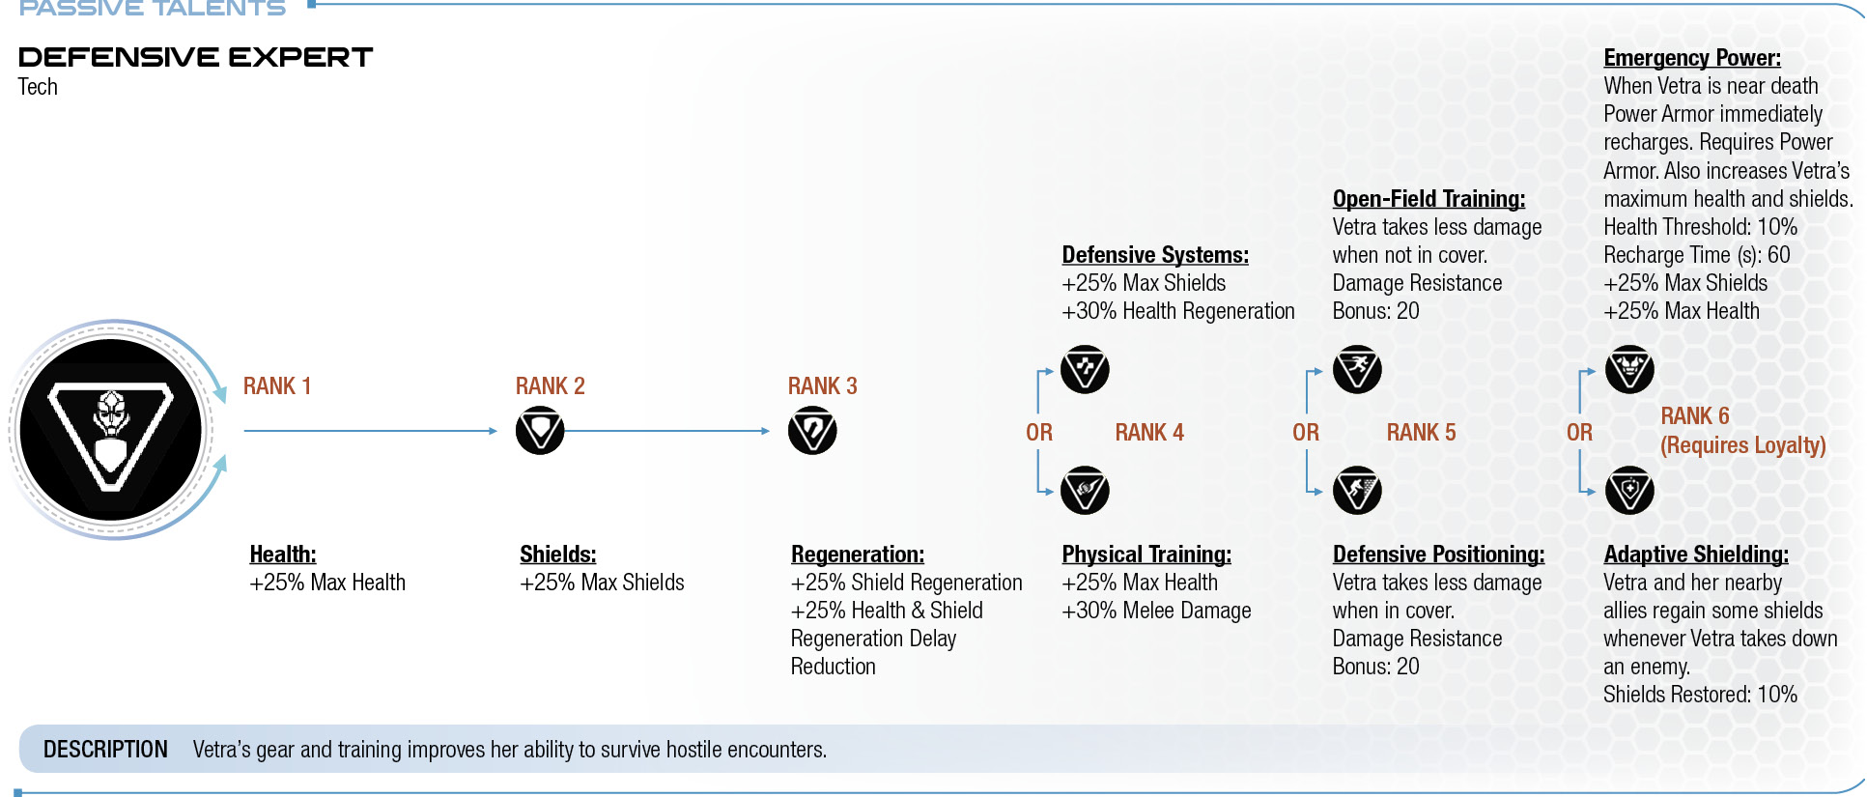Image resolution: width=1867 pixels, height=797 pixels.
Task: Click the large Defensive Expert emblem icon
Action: [111, 430]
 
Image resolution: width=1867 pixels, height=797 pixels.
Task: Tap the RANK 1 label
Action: [277, 386]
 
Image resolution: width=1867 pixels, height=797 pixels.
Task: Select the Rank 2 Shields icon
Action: [540, 431]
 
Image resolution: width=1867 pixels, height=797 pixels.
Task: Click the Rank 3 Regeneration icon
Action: [812, 431]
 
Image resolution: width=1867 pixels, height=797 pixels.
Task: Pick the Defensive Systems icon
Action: [1085, 369]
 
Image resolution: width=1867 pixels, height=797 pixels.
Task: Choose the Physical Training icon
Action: [1085, 491]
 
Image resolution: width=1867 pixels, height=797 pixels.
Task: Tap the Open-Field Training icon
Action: [1357, 369]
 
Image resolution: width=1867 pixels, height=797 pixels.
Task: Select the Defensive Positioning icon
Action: [1357, 491]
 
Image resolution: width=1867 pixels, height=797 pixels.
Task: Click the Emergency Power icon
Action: [1629, 369]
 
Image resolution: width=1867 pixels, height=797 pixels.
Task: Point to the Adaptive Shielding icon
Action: [1629, 491]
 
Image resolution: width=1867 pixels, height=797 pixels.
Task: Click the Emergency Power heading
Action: [1692, 58]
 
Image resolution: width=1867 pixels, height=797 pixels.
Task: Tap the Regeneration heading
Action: [858, 555]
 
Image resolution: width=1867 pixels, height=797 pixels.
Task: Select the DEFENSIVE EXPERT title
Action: [195, 58]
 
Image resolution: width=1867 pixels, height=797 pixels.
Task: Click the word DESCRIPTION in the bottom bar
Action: [105, 750]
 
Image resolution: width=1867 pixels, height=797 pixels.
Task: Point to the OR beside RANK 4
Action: [1039, 433]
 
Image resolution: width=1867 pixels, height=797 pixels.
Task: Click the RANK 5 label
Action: [1421, 433]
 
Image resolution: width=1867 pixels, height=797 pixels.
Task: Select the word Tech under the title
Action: [38, 87]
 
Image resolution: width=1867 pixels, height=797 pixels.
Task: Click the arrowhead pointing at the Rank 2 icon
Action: [493, 431]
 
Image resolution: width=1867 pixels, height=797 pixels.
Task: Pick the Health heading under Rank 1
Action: [283, 555]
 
